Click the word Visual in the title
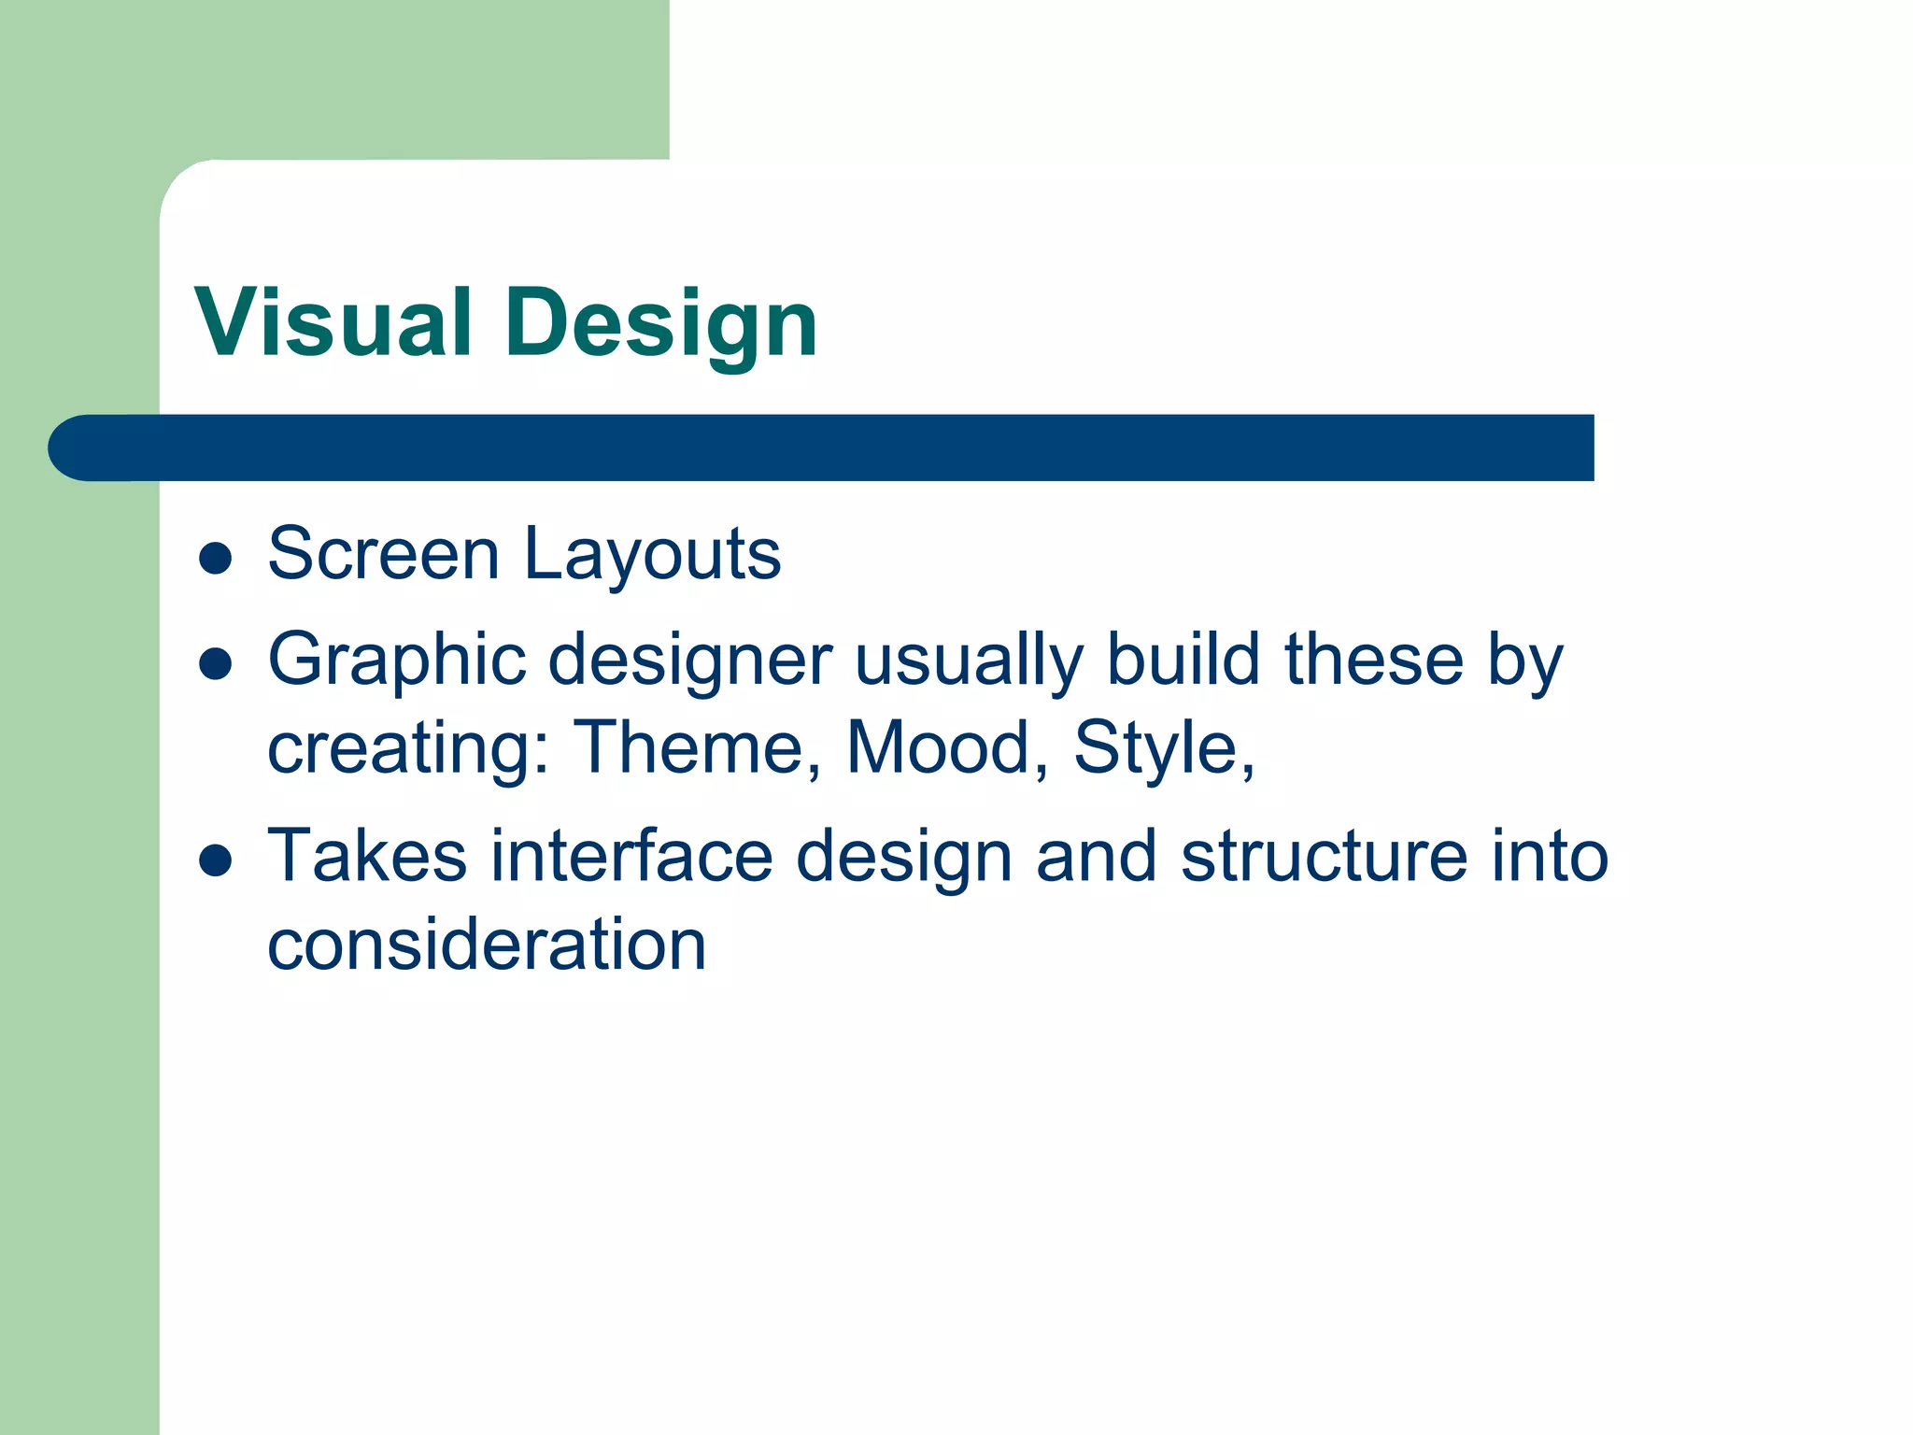(333, 323)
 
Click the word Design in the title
(661, 323)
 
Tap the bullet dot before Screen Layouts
(216, 558)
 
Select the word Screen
(384, 554)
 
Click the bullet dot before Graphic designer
(216, 664)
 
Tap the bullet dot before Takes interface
(216, 861)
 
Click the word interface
(631, 856)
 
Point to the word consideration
(487, 945)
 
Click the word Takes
(366, 856)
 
